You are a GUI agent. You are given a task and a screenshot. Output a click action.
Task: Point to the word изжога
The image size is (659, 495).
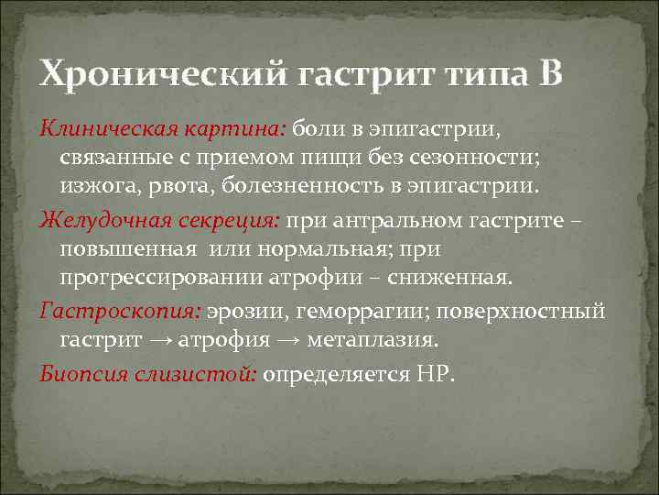click(94, 186)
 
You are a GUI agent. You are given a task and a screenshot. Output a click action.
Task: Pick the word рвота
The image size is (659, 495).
click(175, 186)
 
